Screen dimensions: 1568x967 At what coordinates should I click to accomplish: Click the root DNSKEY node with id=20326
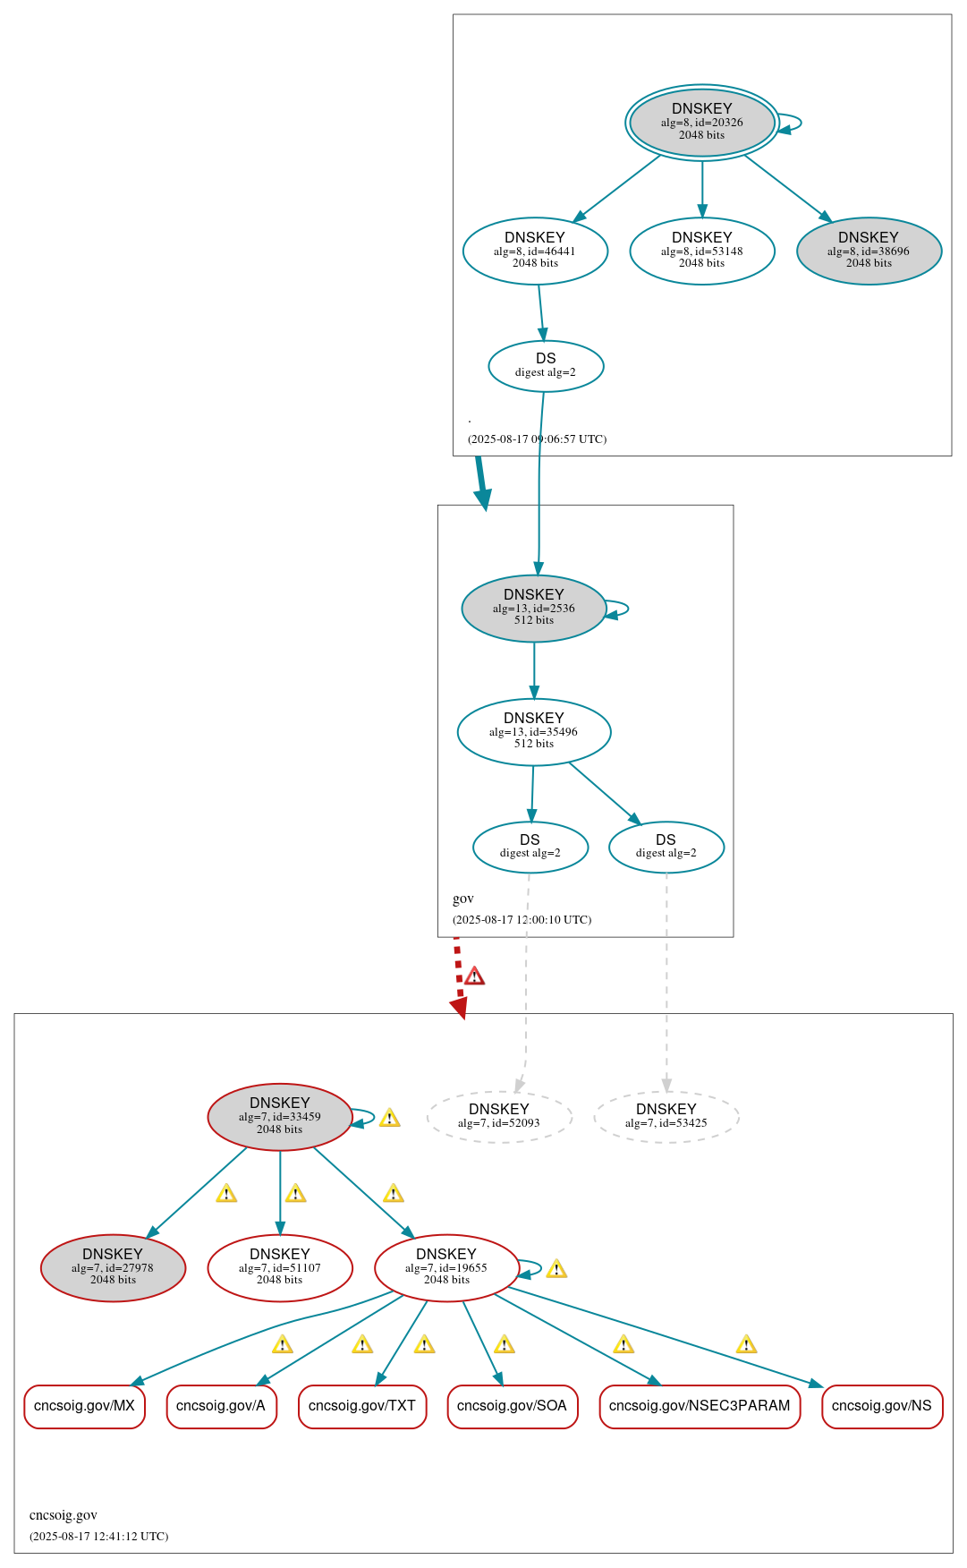pos(701,123)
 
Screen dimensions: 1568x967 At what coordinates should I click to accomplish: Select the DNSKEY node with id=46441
pos(535,251)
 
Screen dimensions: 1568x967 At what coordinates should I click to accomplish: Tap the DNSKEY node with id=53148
pos(701,251)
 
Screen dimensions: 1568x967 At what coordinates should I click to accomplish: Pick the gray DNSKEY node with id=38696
pos(869,251)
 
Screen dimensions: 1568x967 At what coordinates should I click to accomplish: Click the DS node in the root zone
pos(546,365)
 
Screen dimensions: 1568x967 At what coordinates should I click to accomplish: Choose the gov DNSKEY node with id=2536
pos(534,608)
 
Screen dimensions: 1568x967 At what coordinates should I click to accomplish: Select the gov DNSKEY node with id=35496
pos(534,731)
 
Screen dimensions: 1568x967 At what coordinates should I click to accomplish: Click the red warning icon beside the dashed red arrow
pos(475,976)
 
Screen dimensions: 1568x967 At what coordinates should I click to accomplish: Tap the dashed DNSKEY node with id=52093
pos(499,1116)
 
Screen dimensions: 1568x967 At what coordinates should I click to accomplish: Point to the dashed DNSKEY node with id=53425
pos(666,1116)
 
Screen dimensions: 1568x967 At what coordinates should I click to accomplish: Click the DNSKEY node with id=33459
pos(280,1116)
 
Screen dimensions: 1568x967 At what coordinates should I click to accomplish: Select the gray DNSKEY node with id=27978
pos(113,1267)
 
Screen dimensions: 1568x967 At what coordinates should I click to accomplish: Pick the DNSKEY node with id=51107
pos(280,1267)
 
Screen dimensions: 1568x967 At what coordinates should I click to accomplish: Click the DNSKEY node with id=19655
pos(446,1267)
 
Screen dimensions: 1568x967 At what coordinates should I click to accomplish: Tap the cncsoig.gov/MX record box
pos(84,1406)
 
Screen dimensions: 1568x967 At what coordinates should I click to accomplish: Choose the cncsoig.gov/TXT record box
pos(362,1406)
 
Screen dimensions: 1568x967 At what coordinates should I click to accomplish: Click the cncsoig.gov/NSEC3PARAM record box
pos(700,1406)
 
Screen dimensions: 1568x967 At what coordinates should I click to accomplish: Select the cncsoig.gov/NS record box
pos(882,1406)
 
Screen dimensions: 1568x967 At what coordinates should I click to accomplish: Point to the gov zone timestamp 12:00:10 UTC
pos(522,919)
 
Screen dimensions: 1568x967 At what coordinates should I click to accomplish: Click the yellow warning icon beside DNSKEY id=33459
pos(389,1118)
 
